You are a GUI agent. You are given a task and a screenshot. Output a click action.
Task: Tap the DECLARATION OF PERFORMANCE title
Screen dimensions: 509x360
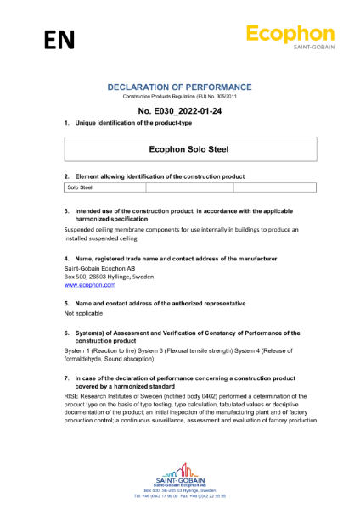coord(179,87)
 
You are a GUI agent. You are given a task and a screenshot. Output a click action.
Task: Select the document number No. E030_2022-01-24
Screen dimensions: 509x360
coord(179,111)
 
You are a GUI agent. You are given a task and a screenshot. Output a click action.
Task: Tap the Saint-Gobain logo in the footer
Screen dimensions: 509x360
coord(179,473)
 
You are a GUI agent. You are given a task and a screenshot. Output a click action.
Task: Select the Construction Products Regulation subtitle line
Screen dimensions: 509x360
coord(179,98)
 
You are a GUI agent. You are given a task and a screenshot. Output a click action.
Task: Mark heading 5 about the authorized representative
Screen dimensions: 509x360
coord(153,303)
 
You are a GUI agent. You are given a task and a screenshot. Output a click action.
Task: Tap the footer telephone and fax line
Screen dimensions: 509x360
coord(179,496)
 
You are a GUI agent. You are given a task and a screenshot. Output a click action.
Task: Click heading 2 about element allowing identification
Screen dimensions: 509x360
coord(153,176)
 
